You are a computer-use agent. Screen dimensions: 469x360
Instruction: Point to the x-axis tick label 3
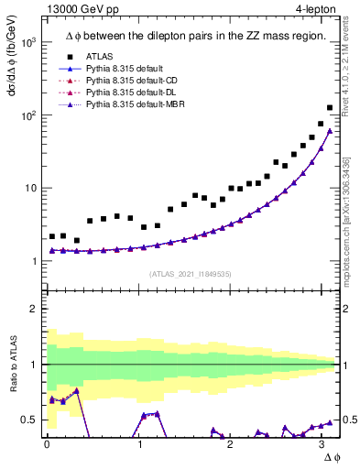(321, 443)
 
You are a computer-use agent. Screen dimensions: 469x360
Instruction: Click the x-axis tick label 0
(47, 443)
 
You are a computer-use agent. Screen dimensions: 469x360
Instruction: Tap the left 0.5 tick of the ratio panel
(31, 420)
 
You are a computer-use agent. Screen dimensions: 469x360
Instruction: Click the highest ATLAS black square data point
(330, 107)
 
